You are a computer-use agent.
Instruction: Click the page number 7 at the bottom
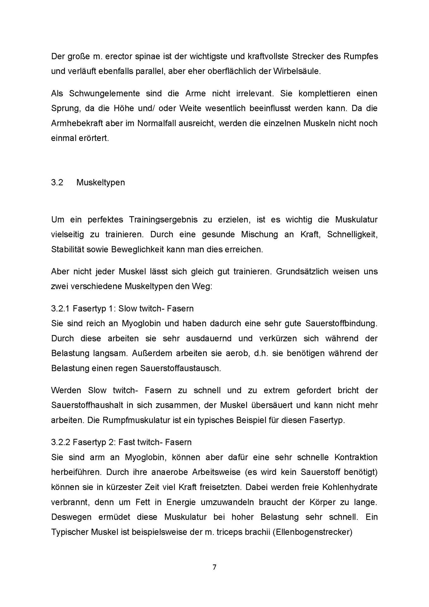point(214,567)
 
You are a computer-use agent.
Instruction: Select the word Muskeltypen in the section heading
point(101,182)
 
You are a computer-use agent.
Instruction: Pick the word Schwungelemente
point(104,94)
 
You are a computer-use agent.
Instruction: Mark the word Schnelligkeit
point(352,234)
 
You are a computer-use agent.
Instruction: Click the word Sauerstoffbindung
point(341,323)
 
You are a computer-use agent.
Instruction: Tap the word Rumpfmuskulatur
point(129,420)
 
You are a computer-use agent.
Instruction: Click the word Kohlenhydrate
point(349,487)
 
